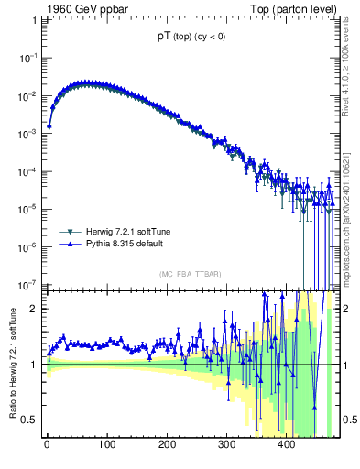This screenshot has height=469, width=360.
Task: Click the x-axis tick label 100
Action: coord(106,446)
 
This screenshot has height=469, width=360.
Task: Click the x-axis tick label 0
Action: coord(47,446)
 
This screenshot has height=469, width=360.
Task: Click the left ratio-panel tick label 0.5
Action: coord(31,420)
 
